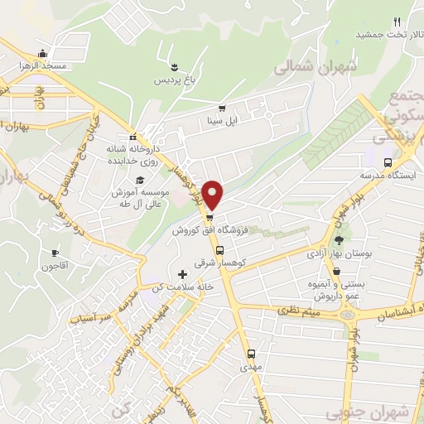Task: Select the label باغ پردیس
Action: point(174,80)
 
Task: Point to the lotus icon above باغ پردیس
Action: point(174,67)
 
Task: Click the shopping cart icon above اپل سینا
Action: point(222,108)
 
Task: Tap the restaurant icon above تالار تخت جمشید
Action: point(397,22)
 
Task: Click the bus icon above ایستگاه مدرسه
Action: point(388,163)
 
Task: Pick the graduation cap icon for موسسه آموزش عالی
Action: point(140,180)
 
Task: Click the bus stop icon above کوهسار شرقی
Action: point(219,251)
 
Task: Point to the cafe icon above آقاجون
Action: point(55,253)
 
